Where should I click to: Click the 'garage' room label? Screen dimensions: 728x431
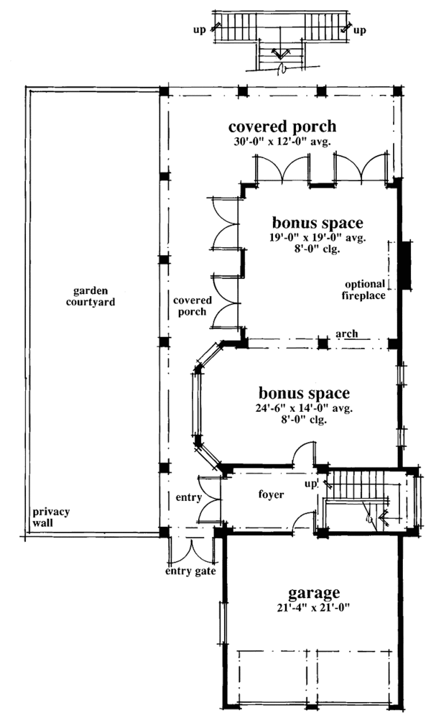pyautogui.click(x=313, y=593)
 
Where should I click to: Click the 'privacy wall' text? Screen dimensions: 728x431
pyautogui.click(x=50, y=517)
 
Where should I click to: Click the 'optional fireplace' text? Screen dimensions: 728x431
pyautogui.click(x=364, y=289)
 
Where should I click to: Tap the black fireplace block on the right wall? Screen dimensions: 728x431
pyautogui.click(x=405, y=266)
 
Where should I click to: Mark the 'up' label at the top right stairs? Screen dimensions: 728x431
pyautogui.click(x=360, y=31)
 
